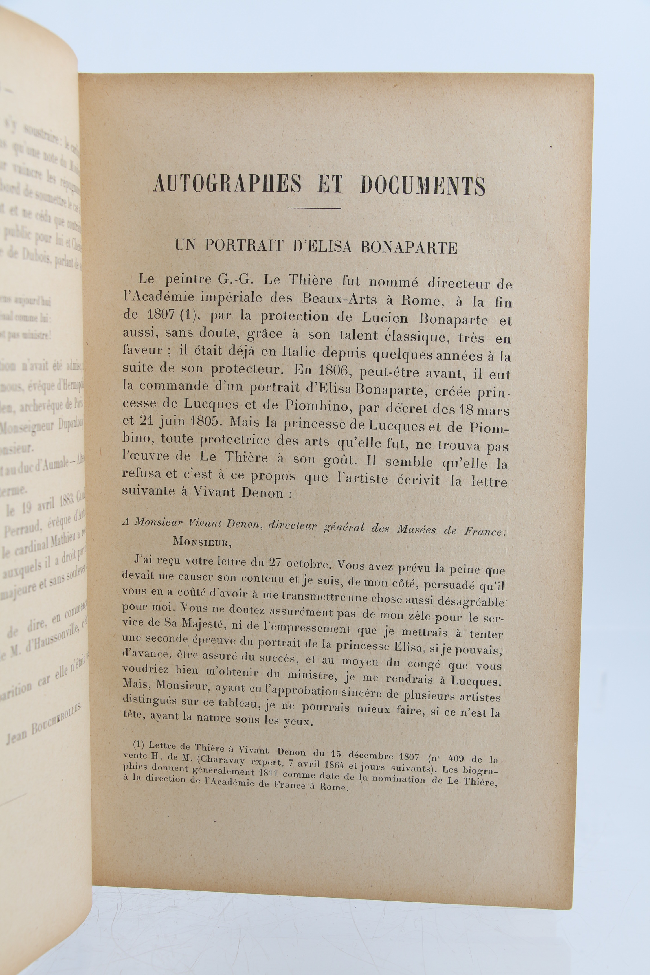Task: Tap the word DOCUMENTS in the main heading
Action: click(x=423, y=185)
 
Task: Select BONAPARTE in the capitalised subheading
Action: click(x=409, y=247)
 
